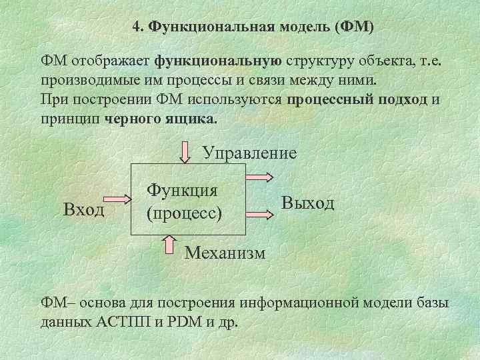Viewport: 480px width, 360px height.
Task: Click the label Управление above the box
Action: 249,153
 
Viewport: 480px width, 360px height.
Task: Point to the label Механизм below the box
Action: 225,253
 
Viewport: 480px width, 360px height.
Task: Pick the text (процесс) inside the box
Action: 183,215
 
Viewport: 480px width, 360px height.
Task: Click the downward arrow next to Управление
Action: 185,152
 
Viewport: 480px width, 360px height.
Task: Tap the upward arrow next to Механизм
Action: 169,246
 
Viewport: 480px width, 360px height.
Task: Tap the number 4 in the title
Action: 136,27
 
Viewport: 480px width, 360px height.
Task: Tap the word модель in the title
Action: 305,27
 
